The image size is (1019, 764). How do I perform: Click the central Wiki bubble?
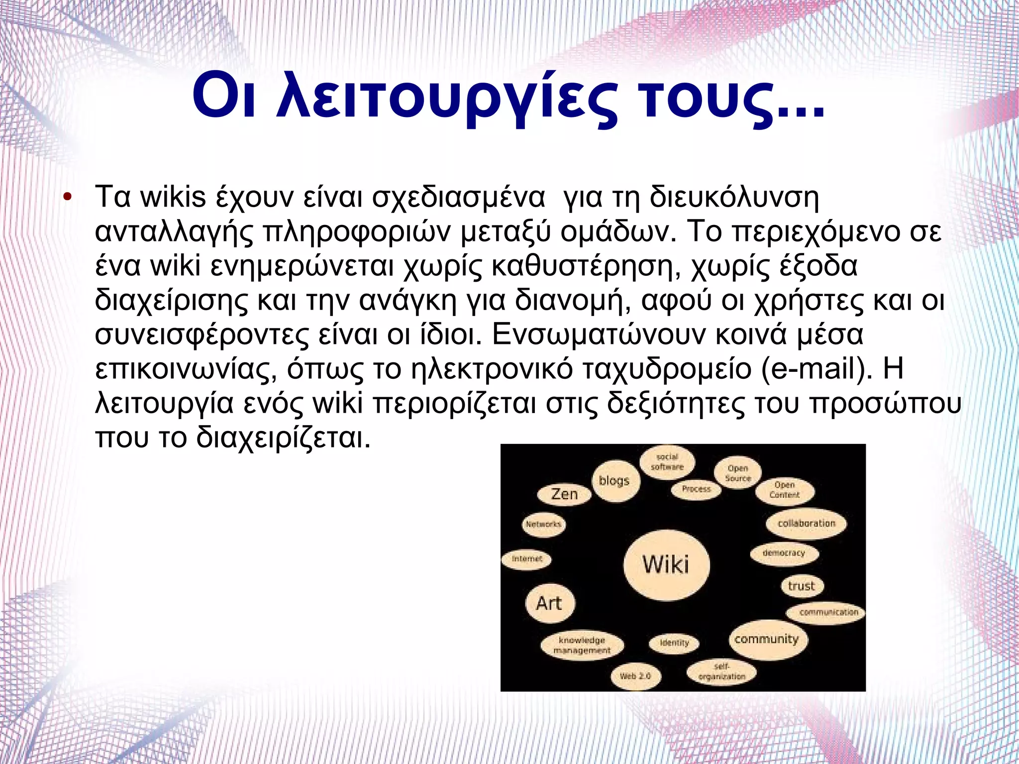[666, 564]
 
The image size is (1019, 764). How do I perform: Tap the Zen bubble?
[564, 494]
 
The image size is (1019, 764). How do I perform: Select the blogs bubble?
[614, 481]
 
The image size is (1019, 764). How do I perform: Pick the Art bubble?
[549, 603]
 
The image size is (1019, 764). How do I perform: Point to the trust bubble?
[801, 586]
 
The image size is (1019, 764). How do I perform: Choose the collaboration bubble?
[807, 524]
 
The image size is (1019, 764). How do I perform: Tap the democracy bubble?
[784, 553]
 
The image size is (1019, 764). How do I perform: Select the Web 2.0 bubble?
[635, 676]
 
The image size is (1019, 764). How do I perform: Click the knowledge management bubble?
[582, 645]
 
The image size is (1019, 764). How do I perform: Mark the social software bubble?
[667, 462]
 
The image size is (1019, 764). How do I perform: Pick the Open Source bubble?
[738, 473]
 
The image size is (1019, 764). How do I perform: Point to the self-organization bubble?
[721, 672]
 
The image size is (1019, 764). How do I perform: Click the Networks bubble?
[543, 524]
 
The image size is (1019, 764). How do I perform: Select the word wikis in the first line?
[173, 197]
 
